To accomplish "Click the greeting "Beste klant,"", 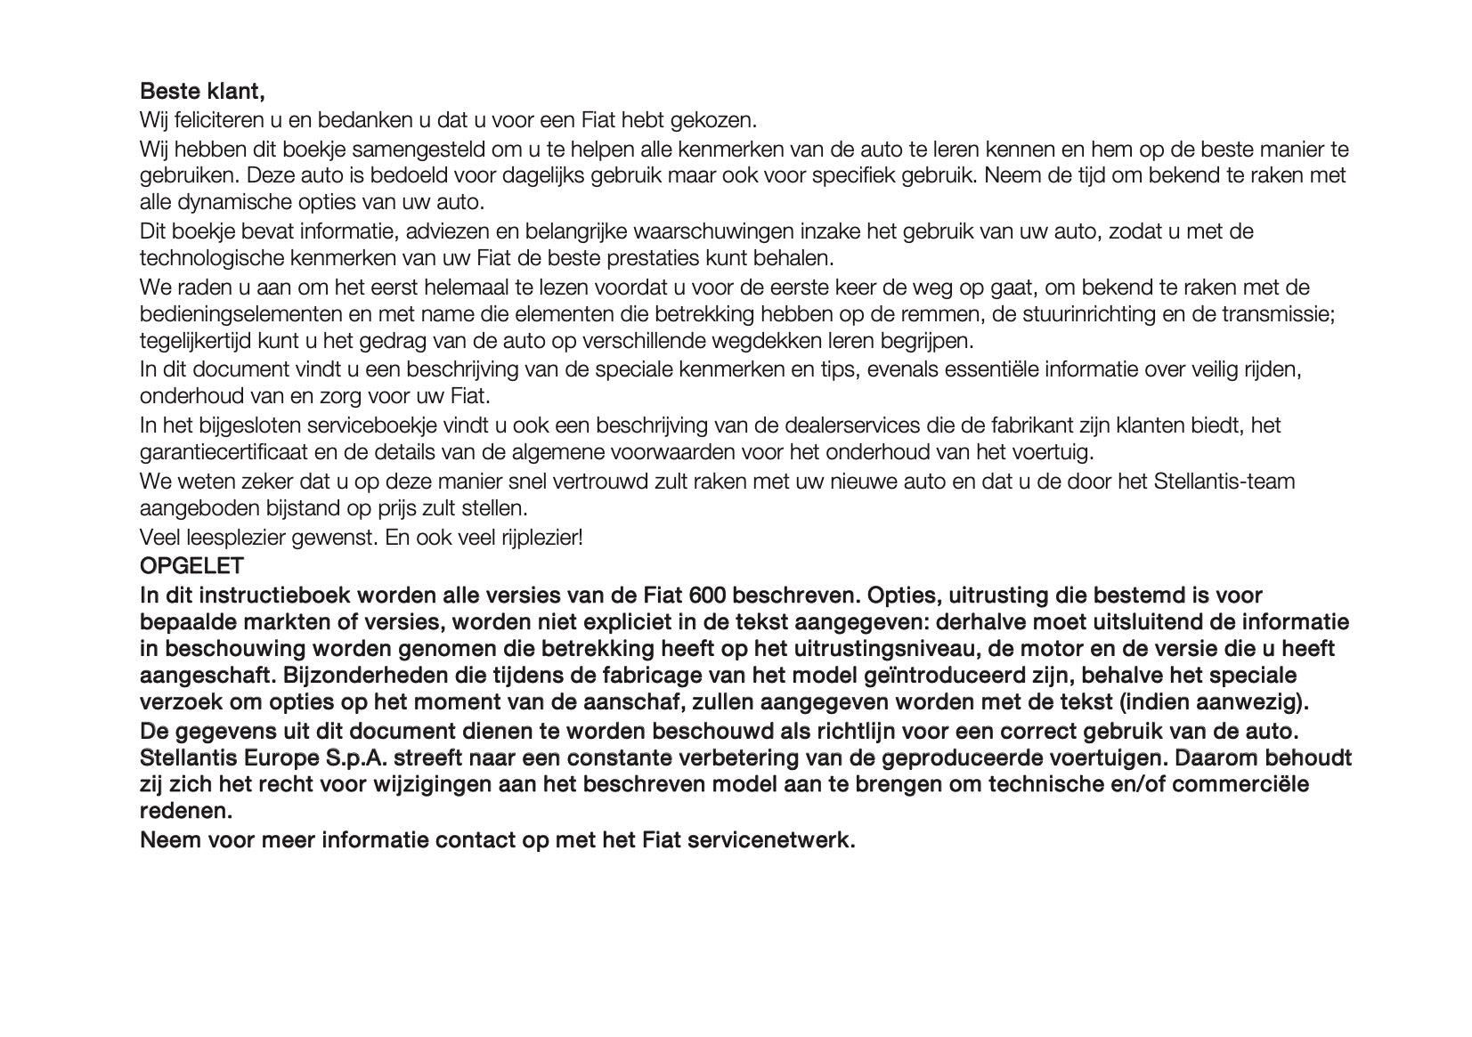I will (202, 92).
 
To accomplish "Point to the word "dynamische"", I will (231, 202).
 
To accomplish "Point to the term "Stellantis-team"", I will (1224, 482).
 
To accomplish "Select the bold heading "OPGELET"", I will (191, 566).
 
